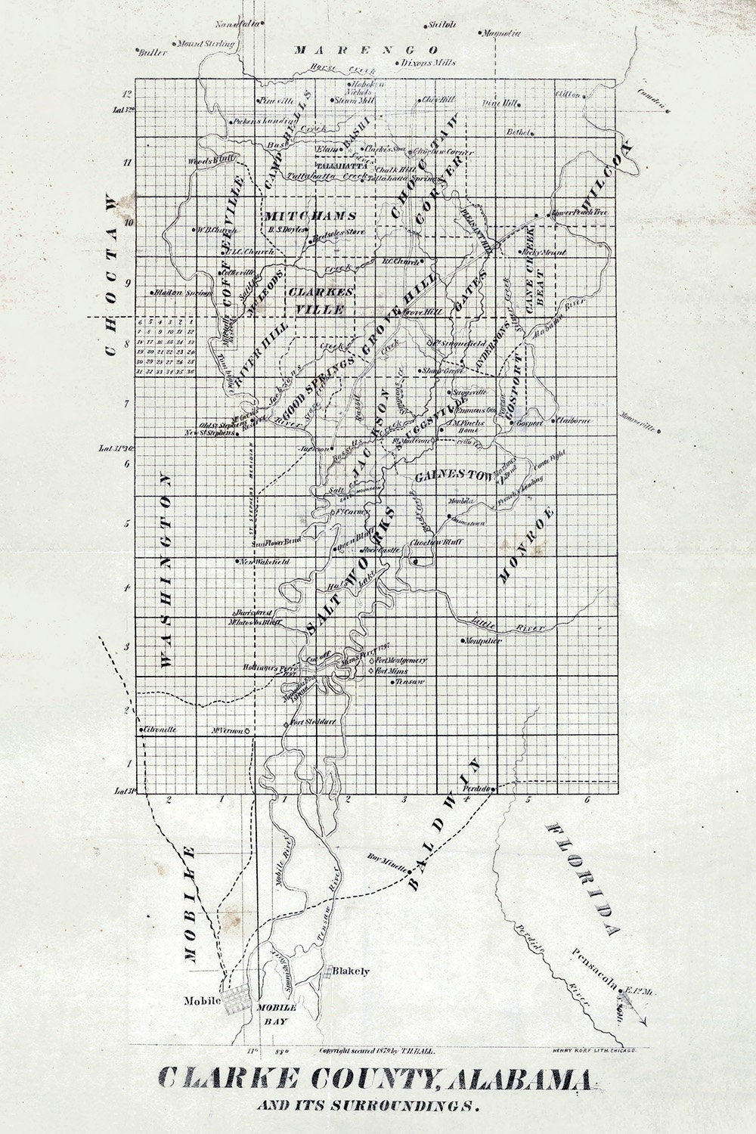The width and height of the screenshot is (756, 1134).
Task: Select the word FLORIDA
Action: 586,877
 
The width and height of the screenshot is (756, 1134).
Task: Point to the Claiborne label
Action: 575,421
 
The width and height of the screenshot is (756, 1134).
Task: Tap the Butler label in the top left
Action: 151,52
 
